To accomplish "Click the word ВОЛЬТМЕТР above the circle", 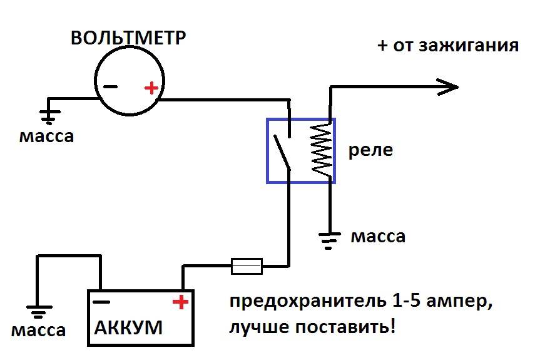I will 128,38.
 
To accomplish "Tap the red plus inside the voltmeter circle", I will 151,88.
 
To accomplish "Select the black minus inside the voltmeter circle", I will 110,88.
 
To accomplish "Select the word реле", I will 370,151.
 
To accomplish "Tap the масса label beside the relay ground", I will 377,237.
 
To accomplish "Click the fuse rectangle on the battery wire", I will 247,266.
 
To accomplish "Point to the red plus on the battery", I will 180,303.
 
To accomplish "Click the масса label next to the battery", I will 38,330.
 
